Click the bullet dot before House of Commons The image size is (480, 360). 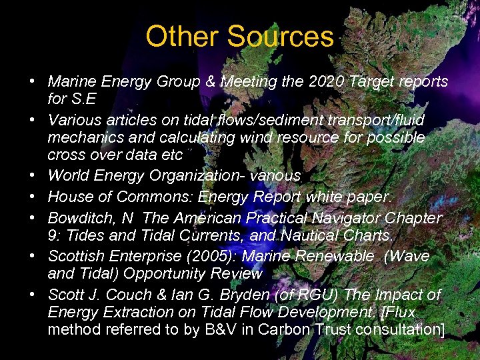click(32, 197)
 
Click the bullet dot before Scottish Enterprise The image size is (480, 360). click(32, 257)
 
